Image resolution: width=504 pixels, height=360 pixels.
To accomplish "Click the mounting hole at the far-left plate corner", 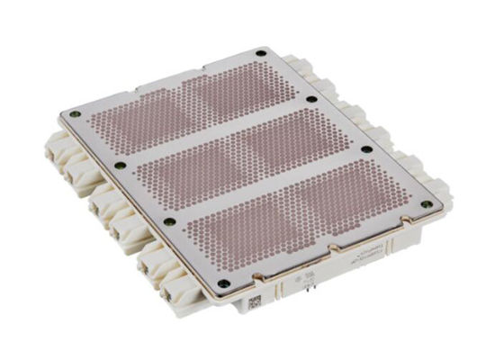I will click(x=75, y=114).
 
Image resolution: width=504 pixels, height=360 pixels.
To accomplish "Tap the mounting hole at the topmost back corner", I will click(x=261, y=53).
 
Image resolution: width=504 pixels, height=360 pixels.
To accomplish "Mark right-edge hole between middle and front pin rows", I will click(x=367, y=149).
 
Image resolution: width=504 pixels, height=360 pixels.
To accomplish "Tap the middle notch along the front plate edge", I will click(x=332, y=252).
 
